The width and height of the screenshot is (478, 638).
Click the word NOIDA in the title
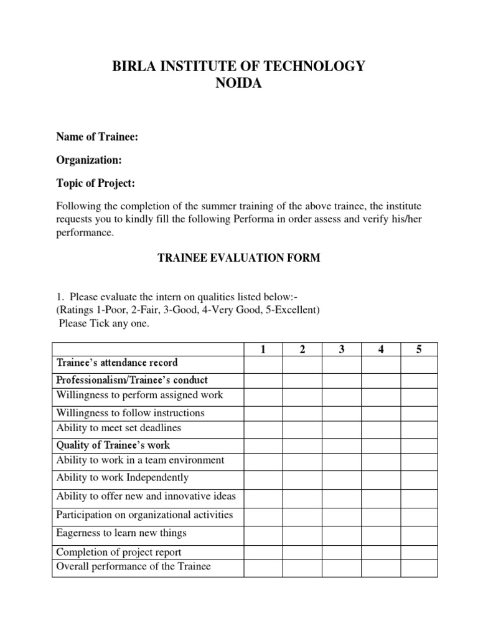(238, 84)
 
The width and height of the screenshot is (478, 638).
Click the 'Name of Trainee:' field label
(97, 137)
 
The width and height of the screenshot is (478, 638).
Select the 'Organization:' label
(89, 160)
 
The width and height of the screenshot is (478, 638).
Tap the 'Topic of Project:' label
(95, 183)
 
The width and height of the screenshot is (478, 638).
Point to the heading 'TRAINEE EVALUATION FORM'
(238, 258)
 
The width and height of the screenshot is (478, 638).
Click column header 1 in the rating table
(263, 350)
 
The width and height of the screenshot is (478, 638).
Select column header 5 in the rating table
(419, 350)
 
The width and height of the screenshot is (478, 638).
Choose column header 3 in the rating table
(342, 350)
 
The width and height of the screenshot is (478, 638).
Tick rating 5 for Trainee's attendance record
(419, 364)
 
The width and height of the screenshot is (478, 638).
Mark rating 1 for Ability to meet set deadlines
(263, 429)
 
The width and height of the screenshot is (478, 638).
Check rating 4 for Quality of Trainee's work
(380, 445)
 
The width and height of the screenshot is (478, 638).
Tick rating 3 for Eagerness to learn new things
(342, 534)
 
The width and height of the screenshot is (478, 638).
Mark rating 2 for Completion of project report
(302, 552)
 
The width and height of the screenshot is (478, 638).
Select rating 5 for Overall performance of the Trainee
(419, 567)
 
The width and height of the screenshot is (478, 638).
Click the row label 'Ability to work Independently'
(122, 478)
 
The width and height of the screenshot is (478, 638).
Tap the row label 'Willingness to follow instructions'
(130, 412)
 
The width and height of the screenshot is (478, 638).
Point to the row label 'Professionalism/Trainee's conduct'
(132, 379)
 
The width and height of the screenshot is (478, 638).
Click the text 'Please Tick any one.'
(104, 323)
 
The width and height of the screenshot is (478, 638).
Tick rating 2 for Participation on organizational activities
(302, 515)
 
